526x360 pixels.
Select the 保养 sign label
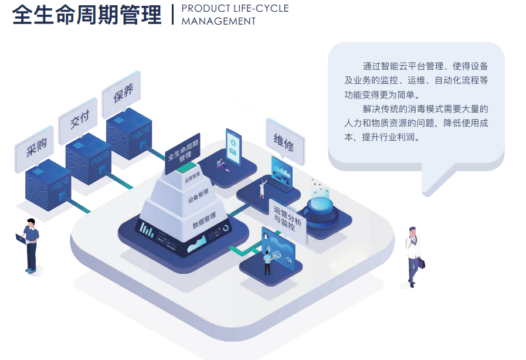coord(122,93)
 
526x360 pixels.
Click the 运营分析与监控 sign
coord(287,220)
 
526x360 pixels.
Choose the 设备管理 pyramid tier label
coord(198,196)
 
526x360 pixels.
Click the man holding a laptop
coord(29,245)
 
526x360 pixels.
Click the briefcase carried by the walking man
coord(422,263)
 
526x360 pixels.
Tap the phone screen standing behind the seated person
coord(233,147)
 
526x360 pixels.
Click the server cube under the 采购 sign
coord(48,185)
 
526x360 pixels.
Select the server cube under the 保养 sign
coord(129,134)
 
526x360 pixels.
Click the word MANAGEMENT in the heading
coord(219,21)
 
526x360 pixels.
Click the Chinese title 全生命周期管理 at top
coord(87,15)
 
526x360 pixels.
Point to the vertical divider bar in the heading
coord(172,15)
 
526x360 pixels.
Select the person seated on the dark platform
coord(221,165)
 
